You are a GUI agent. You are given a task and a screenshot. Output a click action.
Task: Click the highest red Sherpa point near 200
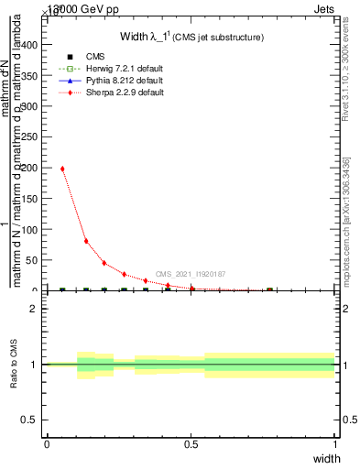62,169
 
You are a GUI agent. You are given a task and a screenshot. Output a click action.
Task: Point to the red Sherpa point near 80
86,241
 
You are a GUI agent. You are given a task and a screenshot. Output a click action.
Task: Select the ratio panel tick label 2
35,309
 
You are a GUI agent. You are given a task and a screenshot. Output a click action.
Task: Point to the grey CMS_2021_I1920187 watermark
191,274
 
